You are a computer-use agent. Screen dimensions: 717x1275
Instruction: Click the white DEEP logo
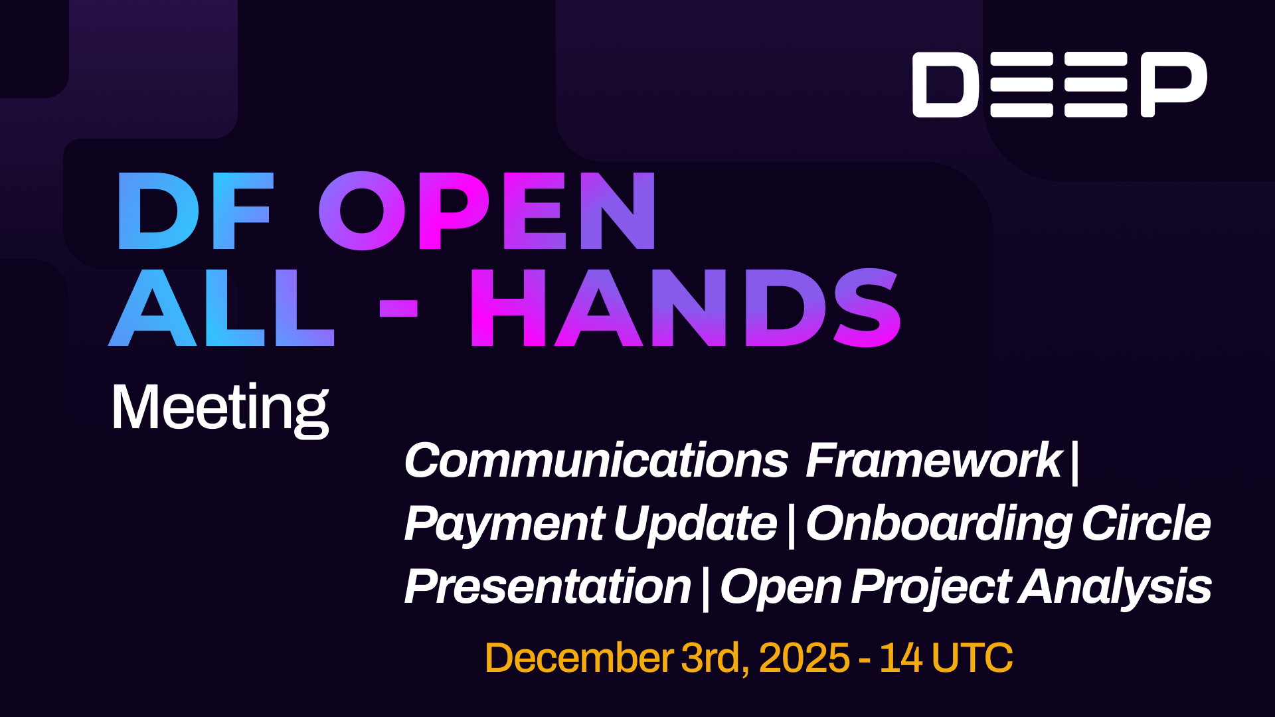pos(1059,84)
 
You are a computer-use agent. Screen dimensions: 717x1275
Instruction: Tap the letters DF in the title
pos(195,211)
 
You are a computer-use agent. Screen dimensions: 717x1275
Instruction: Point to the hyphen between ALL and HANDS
pos(398,309)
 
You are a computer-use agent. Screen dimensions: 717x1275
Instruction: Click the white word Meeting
pos(220,408)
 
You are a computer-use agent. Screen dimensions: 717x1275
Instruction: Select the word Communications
pos(596,460)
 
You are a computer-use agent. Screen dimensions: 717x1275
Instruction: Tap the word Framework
pos(933,460)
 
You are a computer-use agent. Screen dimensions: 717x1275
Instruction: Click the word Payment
pos(505,524)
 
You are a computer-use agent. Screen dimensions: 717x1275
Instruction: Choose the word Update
pos(695,524)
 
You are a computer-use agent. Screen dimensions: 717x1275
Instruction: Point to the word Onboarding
pos(939,524)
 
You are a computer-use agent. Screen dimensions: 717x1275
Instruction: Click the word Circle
pos(1146,524)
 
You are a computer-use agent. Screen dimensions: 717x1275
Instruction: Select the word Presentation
pos(548,587)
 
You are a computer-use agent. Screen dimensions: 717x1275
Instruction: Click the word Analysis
pos(1116,587)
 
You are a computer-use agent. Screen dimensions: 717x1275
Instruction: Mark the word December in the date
pos(579,658)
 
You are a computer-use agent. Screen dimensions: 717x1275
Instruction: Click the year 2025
pos(804,658)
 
